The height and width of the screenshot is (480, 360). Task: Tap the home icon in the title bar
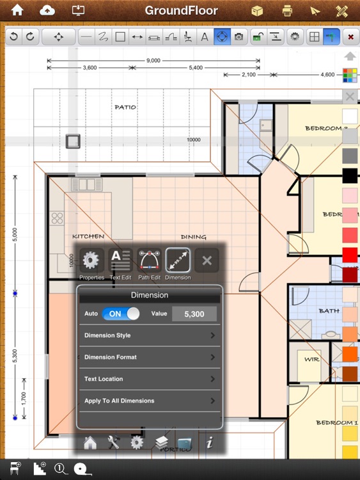pyautogui.click(x=17, y=10)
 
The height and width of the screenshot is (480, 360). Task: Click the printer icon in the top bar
pyautogui.click(x=287, y=11)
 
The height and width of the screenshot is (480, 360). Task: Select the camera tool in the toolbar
pyautogui.click(x=239, y=37)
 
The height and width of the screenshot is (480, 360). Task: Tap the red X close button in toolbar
pyautogui.click(x=350, y=37)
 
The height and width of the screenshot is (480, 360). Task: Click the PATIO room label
pyautogui.click(x=125, y=107)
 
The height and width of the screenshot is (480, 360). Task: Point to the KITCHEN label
pyautogui.click(x=88, y=236)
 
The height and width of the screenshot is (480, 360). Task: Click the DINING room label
pyautogui.click(x=193, y=237)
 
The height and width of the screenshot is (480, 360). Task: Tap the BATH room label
pyautogui.click(x=329, y=311)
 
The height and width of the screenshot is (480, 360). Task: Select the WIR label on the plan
pyautogui.click(x=311, y=360)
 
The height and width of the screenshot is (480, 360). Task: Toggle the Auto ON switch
pyautogui.click(x=121, y=314)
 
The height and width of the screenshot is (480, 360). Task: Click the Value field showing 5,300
pyautogui.click(x=194, y=314)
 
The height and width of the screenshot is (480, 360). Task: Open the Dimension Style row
pyautogui.click(x=149, y=335)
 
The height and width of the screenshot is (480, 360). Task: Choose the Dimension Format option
pyautogui.click(x=149, y=357)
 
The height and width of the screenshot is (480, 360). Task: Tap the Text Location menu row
pyautogui.click(x=149, y=379)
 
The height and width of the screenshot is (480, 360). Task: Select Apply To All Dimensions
pyautogui.click(x=149, y=401)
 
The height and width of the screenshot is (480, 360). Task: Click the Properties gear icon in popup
pyautogui.click(x=91, y=260)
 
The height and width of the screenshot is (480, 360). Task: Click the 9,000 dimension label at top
pyautogui.click(x=153, y=61)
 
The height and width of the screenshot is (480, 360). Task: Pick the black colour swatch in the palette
pyautogui.click(x=349, y=175)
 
